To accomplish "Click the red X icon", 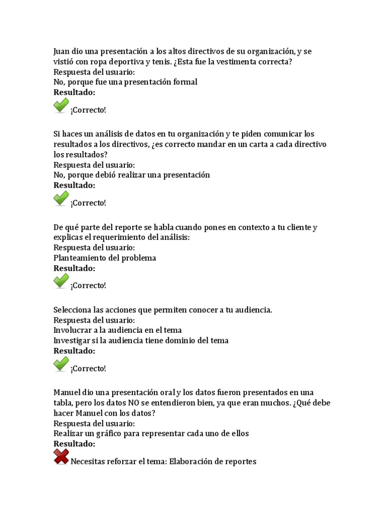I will coord(61,457).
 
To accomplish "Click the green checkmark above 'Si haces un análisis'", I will coord(61,106).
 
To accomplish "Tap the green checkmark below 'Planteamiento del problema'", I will coord(61,281).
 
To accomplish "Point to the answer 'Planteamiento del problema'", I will coord(105,258).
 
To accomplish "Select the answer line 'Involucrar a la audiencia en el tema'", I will coord(117,330).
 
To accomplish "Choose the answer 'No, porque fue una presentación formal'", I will coord(125,82).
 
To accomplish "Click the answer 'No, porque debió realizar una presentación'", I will coord(131,175).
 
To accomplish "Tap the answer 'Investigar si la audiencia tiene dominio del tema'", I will coord(141,340).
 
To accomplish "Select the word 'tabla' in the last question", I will coord(63,403).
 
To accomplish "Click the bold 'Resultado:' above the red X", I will coord(74,444).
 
